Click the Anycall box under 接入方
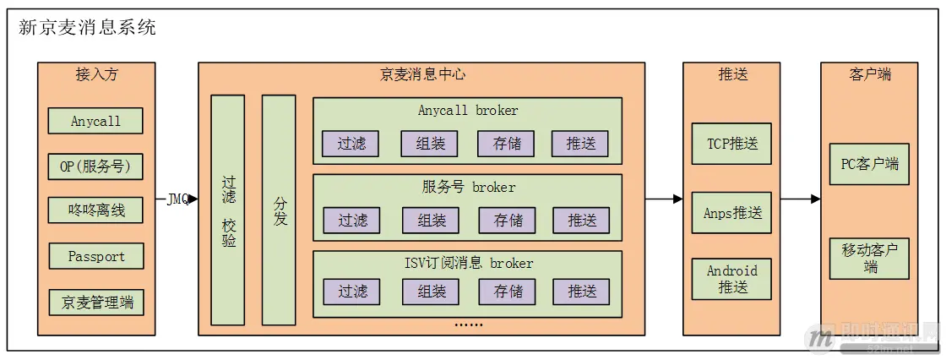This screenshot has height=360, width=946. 95,121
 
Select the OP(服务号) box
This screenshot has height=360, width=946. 95,166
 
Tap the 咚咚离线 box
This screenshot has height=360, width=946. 95,210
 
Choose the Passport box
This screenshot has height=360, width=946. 95,256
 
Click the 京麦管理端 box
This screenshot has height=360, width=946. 95,302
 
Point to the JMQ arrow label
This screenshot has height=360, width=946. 177,199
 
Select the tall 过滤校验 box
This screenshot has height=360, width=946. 228,210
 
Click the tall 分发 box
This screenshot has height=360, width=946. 279,210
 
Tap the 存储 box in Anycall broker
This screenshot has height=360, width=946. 507,144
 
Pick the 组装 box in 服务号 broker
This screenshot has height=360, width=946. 432,220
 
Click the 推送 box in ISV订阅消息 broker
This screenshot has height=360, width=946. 581,292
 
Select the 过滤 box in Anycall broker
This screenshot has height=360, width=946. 351,144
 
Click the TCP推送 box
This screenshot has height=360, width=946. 731,143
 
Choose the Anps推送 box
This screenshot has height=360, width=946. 731,212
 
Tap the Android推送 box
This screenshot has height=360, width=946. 731,279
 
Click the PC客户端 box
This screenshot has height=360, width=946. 869,164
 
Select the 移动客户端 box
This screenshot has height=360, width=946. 869,258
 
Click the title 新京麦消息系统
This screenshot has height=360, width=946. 87,27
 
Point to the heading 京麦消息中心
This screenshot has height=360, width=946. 421,74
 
